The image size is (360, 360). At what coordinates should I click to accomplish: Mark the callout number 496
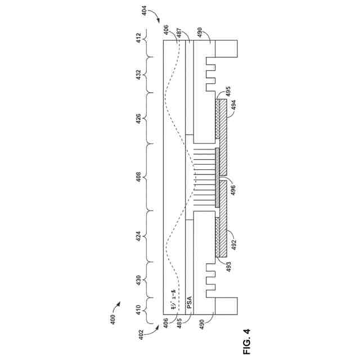pyautogui.click(x=233, y=191)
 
